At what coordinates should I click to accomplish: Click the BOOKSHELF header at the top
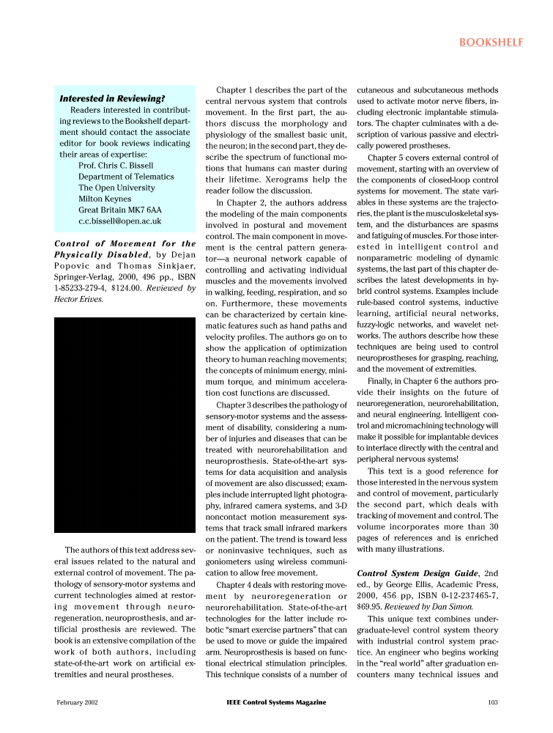coord(491,42)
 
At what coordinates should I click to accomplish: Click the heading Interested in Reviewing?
coord(111,98)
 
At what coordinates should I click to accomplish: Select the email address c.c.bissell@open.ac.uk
coord(119,221)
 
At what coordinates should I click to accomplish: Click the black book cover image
coord(125,424)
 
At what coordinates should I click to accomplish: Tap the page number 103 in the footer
coord(492,702)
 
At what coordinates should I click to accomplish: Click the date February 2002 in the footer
coord(78,702)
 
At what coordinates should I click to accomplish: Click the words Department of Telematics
coord(126,177)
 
